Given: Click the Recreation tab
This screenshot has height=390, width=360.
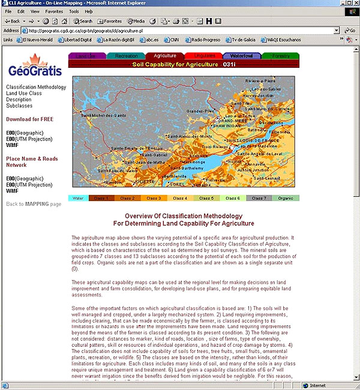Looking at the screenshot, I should coord(126,56).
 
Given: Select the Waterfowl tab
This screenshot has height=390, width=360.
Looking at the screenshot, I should coord(241,56).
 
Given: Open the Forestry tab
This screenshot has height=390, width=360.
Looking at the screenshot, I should coord(280,56).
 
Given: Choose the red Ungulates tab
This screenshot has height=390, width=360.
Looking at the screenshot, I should coord(203,56).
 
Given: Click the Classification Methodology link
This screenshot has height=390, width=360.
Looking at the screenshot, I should coord(36,87).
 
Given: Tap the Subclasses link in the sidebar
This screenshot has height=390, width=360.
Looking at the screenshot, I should coord(19,106).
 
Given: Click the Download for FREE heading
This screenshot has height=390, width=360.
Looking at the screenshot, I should coord(29,119).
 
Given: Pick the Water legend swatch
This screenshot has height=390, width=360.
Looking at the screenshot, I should coord(78,198).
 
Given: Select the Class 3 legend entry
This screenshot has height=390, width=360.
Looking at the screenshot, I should coord(153,198).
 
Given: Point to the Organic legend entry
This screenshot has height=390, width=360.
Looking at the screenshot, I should coord(286,198).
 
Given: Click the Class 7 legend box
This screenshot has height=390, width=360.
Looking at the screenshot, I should coord(259,198).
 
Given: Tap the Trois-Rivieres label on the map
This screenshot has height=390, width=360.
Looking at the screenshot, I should coord(215,146).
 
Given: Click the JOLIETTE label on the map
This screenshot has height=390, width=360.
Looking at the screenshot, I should coord(144,180).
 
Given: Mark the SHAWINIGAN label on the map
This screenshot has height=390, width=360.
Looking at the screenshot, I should coord(230,126).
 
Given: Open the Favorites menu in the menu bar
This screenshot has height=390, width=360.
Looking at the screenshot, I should coord(54,11).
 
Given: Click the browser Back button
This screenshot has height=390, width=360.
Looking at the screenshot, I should coord(12,21).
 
